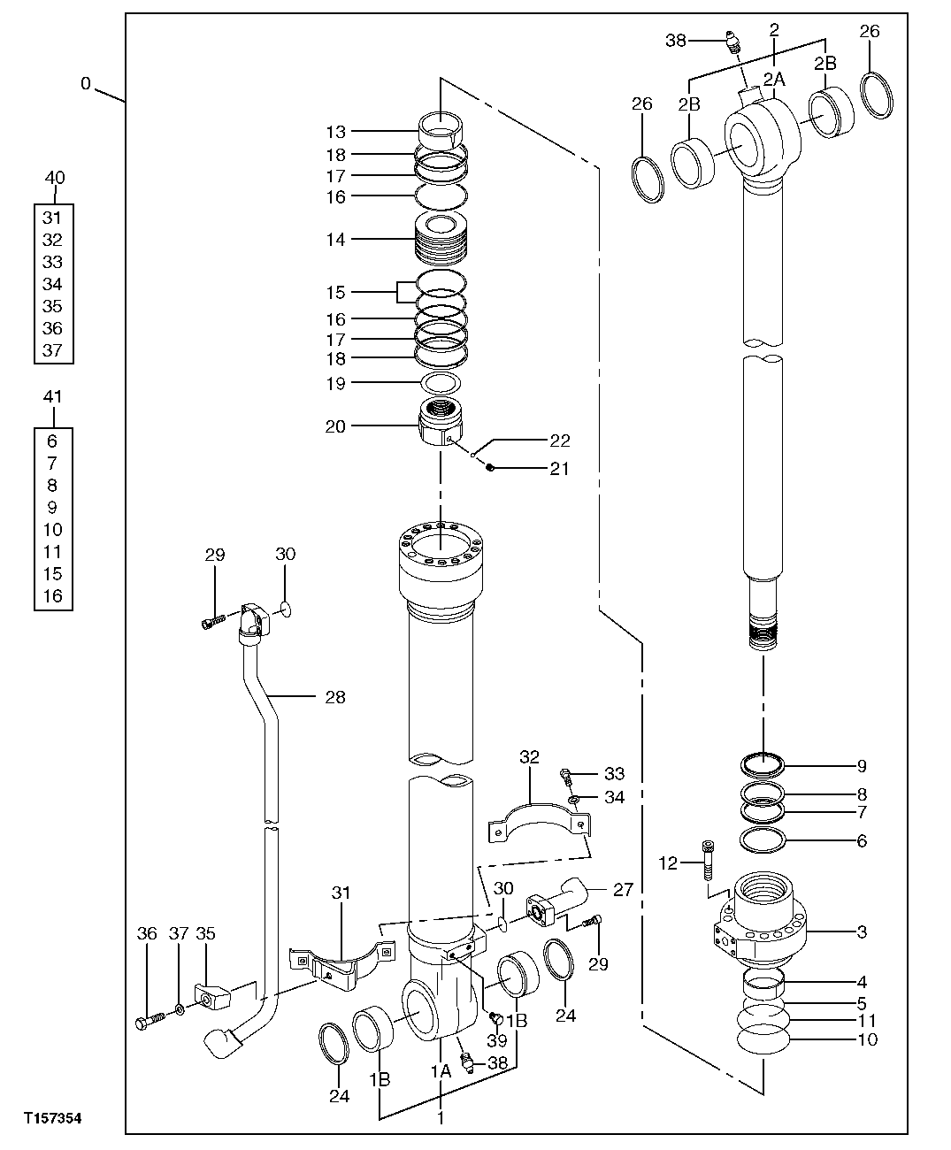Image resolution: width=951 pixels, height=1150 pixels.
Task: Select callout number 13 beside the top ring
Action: (335, 132)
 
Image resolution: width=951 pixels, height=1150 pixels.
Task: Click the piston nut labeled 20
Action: (440, 425)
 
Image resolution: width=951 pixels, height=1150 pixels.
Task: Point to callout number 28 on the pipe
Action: (334, 697)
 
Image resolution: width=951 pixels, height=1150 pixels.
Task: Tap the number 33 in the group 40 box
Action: (53, 262)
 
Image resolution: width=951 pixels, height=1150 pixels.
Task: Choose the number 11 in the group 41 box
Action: (53, 552)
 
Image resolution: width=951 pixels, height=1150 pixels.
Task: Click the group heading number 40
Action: (54, 178)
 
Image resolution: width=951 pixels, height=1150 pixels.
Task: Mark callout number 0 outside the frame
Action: (85, 84)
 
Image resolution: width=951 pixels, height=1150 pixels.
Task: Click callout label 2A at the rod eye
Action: (774, 80)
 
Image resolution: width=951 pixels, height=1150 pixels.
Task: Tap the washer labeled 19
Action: (441, 383)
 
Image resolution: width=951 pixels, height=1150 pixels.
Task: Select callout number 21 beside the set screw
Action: (559, 469)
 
